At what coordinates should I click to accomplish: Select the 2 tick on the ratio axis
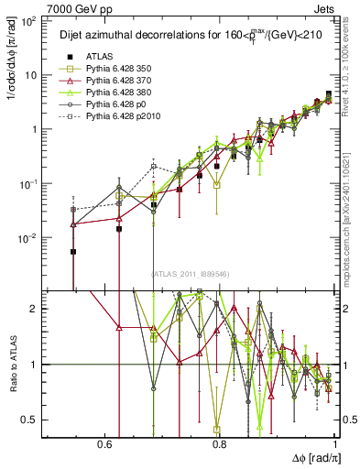pyautogui.click(x=32, y=309)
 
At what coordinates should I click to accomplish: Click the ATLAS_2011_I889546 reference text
pyautogui.click(x=189, y=274)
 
